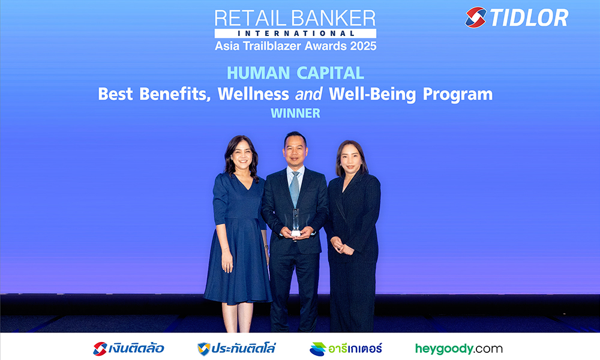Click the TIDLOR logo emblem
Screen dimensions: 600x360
coord(476,17)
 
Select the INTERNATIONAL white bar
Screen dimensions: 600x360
coord(295,33)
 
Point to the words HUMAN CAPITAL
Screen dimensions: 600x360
coord(295,73)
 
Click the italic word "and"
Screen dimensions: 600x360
coord(308,94)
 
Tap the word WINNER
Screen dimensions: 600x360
coord(295,113)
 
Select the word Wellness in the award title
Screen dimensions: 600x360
coord(253,94)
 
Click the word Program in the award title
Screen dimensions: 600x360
coord(458,95)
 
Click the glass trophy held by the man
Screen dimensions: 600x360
coord(296,222)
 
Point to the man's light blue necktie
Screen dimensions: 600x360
coord(294,189)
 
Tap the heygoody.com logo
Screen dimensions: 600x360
coord(459,349)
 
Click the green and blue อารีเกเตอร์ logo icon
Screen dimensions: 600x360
coord(317,349)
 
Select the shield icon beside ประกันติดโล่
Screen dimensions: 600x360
coord(203,349)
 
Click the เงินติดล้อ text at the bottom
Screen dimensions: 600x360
coord(136,349)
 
